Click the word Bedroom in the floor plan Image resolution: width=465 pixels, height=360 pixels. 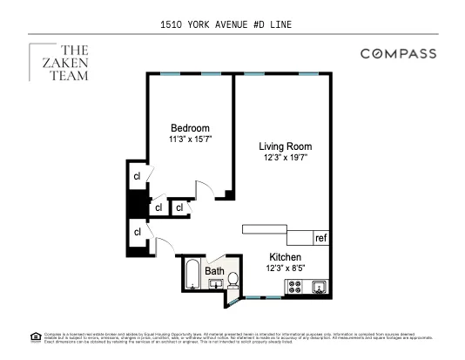pos(189,128)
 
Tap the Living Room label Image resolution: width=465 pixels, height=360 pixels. pos(285,146)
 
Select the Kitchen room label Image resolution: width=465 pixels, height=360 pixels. pos(285,257)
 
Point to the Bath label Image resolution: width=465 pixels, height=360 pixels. pos(214,271)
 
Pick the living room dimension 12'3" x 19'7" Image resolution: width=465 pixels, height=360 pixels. pos(285,157)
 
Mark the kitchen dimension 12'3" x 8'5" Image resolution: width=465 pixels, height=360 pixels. pos(285,268)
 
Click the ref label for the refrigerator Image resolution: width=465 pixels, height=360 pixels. pos(320,237)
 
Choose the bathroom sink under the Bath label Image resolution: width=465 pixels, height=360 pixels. pos(214,282)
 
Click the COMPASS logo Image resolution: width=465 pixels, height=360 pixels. pos(398,54)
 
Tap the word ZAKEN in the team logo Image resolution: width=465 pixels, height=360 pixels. pos(63,63)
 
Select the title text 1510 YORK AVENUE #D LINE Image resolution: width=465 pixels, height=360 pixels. pos(232,25)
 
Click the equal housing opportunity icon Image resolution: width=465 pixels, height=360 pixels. pos(35,336)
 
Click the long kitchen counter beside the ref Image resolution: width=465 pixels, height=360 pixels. pos(276,228)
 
